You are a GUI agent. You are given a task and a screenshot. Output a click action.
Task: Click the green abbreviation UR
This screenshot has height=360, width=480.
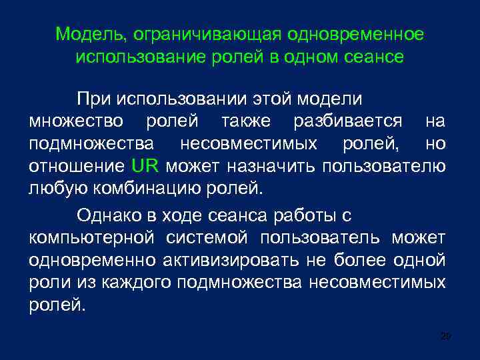[x=145, y=165]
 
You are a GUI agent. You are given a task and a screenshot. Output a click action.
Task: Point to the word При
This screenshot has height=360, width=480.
[x=93, y=100]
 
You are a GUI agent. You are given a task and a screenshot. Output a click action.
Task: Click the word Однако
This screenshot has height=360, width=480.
[x=103, y=215]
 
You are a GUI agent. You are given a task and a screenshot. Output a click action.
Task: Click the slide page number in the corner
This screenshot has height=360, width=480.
[x=446, y=337]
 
